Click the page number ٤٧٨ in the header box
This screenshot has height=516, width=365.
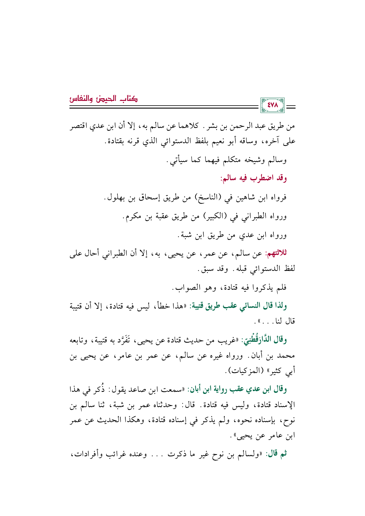tap(272, 105)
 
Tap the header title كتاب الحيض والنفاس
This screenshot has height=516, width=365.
tap(104, 99)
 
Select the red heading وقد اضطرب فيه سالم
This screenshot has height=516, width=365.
tap(254, 178)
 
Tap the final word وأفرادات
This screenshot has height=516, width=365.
tap(82, 454)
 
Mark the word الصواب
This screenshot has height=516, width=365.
tap(185, 287)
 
